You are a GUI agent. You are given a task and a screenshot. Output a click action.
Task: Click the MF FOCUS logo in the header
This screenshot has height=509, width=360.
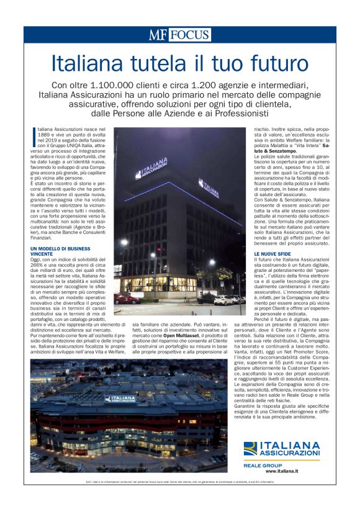point(179,35)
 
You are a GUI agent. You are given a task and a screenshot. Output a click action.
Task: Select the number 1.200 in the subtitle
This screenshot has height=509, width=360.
point(210,84)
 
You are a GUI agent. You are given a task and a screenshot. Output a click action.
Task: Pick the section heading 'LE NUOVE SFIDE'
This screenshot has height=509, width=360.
point(272,254)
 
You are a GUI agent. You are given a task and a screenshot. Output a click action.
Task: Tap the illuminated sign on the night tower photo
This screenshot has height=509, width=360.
point(153,171)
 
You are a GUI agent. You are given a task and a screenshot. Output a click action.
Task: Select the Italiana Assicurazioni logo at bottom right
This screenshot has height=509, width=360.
point(281,449)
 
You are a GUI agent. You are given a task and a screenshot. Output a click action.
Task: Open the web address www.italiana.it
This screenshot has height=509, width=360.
point(300,471)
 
